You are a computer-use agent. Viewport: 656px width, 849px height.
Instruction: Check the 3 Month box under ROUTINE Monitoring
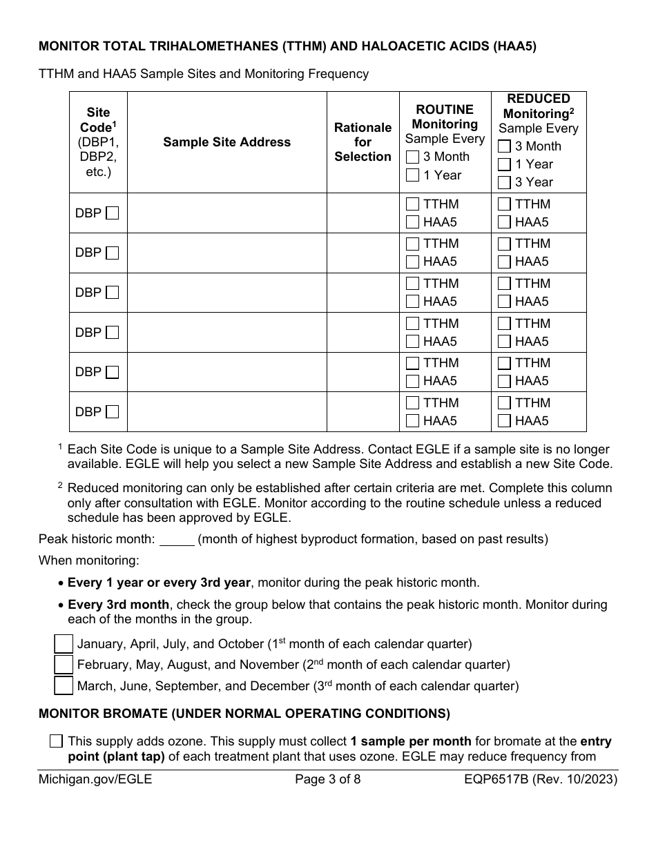pyautogui.click(x=413, y=157)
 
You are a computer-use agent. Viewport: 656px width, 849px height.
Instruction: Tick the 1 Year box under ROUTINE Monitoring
pyautogui.click(x=413, y=175)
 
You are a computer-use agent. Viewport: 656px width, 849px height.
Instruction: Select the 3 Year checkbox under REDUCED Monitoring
pyautogui.click(x=504, y=182)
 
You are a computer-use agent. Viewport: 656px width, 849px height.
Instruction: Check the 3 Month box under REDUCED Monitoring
pyautogui.click(x=504, y=146)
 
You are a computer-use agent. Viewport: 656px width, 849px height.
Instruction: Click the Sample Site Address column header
pyautogui.click(x=226, y=142)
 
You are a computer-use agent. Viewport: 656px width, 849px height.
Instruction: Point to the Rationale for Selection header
pyautogui.click(x=363, y=142)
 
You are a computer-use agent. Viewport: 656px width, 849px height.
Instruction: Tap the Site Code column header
pyautogui.click(x=98, y=142)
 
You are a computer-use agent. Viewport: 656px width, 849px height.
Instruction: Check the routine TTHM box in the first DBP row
pyautogui.click(x=413, y=204)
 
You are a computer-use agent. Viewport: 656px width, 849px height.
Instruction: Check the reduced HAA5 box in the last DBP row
pyautogui.click(x=504, y=421)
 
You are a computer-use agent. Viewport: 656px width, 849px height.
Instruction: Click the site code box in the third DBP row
pyautogui.click(x=112, y=293)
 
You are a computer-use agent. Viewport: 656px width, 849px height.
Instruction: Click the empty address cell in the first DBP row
pyautogui.click(x=226, y=213)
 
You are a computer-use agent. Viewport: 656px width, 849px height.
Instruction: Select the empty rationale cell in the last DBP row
pyautogui.click(x=363, y=412)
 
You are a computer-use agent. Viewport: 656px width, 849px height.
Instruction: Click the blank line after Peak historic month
pyautogui.click(x=177, y=539)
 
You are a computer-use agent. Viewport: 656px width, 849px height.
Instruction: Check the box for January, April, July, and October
pyautogui.click(x=64, y=644)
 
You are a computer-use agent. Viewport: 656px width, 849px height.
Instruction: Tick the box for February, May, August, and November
pyautogui.click(x=64, y=665)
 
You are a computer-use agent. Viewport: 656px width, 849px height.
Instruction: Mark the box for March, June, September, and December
pyautogui.click(x=64, y=685)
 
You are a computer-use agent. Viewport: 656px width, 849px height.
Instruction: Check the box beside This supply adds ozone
pyautogui.click(x=57, y=741)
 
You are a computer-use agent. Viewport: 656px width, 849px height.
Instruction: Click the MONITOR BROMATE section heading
pyautogui.click(x=244, y=713)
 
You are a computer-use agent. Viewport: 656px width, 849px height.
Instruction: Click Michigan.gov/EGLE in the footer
pyautogui.click(x=95, y=781)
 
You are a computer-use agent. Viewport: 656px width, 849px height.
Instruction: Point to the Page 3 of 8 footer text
pyautogui.click(x=328, y=781)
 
